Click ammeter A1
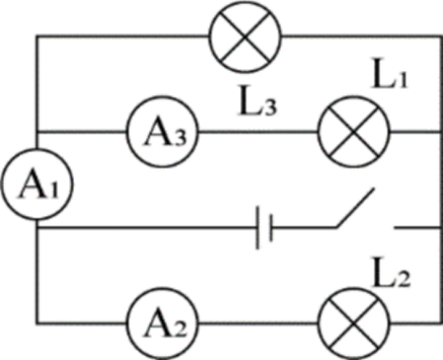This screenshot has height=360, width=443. click(x=37, y=184)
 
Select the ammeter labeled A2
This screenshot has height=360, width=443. click(x=162, y=324)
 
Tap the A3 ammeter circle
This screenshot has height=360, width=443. click(x=162, y=132)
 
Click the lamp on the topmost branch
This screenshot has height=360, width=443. click(x=245, y=37)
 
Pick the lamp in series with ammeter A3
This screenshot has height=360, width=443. click(x=354, y=132)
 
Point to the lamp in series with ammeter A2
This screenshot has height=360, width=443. click(x=354, y=324)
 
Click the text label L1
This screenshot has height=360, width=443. click(x=390, y=73)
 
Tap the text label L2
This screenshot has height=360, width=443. click(x=391, y=272)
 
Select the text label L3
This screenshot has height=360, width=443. click(x=258, y=101)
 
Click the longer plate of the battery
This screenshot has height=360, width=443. click(x=258, y=228)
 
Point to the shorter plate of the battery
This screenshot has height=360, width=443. click(x=271, y=228)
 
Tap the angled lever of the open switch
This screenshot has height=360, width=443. click(x=355, y=208)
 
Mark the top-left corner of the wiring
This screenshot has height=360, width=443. click(x=37, y=37)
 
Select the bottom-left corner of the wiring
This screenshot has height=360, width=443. click(x=37, y=324)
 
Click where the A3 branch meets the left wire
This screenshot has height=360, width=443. click(x=37, y=132)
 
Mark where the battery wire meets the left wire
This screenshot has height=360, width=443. click(x=37, y=227)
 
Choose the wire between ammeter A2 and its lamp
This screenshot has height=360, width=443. click(x=258, y=324)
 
